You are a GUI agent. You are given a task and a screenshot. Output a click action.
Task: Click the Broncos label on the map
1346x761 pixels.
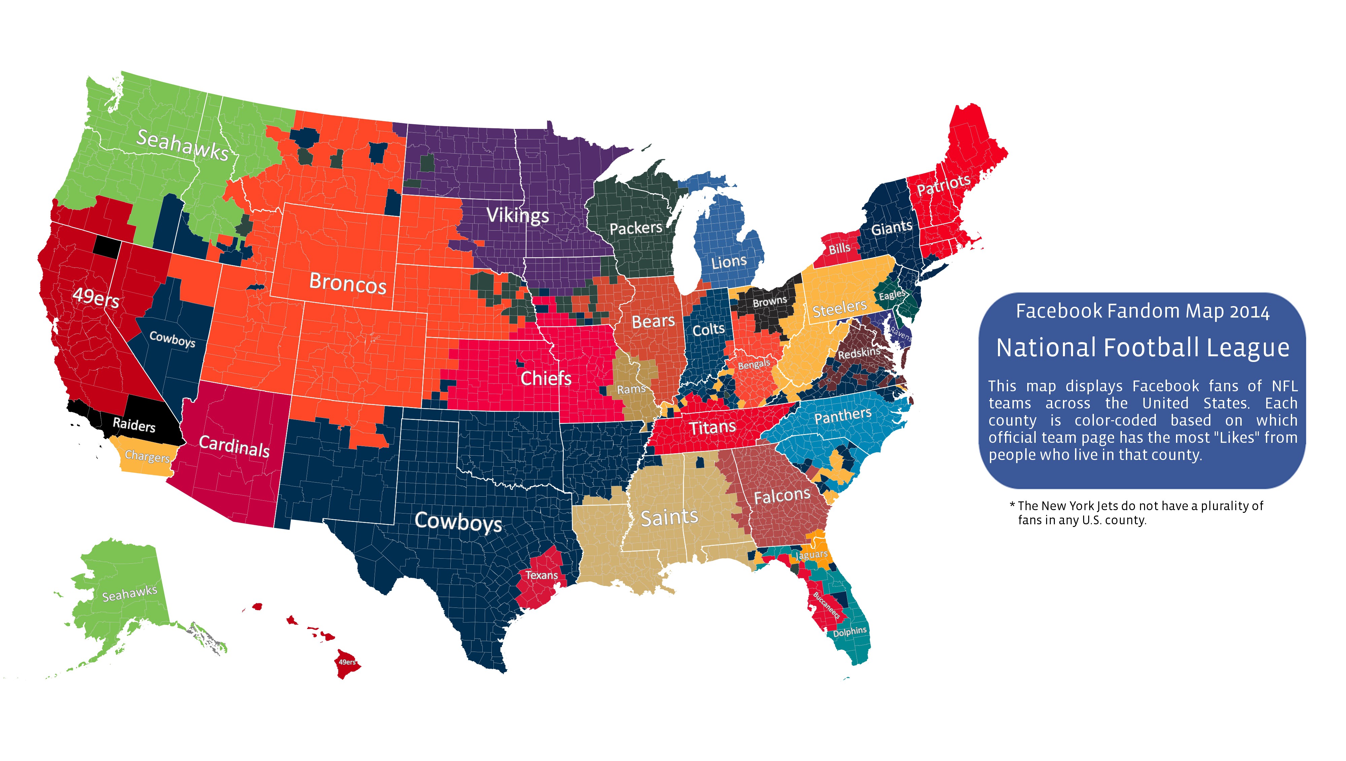(347, 283)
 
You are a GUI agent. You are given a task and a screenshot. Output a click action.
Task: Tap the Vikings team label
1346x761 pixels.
(517, 215)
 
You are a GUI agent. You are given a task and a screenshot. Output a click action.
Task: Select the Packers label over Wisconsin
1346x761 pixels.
(635, 228)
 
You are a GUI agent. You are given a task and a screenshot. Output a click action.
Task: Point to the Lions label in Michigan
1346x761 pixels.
(729, 261)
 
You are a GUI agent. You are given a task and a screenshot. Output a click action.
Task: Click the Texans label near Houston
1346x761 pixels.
(541, 575)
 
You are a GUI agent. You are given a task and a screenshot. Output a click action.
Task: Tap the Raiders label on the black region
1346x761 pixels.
(134, 424)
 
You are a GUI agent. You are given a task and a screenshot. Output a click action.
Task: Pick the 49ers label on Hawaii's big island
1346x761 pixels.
(347, 662)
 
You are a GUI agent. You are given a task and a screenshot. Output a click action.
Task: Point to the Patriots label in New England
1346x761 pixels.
(944, 185)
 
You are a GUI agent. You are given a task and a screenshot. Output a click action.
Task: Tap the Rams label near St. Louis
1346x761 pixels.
(631, 389)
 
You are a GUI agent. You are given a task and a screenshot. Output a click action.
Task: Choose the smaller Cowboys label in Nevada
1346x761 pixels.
(172, 339)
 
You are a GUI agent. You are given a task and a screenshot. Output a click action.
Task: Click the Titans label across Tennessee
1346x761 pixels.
(712, 428)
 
